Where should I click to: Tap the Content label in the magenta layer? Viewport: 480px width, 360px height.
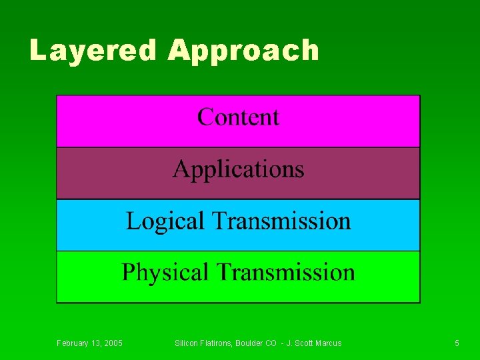(x=238, y=117)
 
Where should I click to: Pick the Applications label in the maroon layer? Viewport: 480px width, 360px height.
(x=238, y=169)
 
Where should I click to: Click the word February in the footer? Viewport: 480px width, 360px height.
(x=73, y=343)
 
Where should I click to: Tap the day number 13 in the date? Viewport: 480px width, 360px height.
(x=98, y=343)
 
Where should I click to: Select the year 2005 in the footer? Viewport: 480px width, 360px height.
(x=114, y=343)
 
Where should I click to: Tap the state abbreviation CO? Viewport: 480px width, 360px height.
(x=271, y=343)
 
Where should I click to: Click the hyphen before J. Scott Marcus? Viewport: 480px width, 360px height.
(x=282, y=343)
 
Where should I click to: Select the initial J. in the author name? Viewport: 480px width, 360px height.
(x=289, y=343)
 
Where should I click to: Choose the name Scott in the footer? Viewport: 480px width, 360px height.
(x=305, y=343)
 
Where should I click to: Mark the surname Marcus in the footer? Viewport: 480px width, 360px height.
(x=329, y=343)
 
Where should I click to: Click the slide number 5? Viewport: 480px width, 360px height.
(x=457, y=343)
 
